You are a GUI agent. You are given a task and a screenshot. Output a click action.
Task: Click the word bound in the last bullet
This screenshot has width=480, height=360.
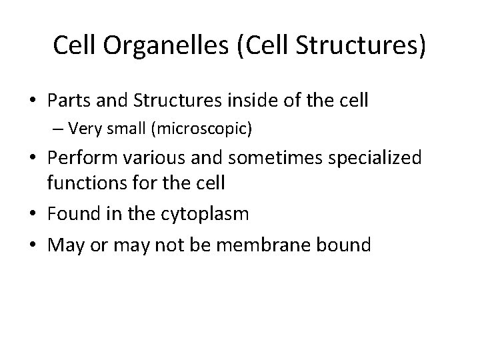pyautogui.click(x=343, y=244)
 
